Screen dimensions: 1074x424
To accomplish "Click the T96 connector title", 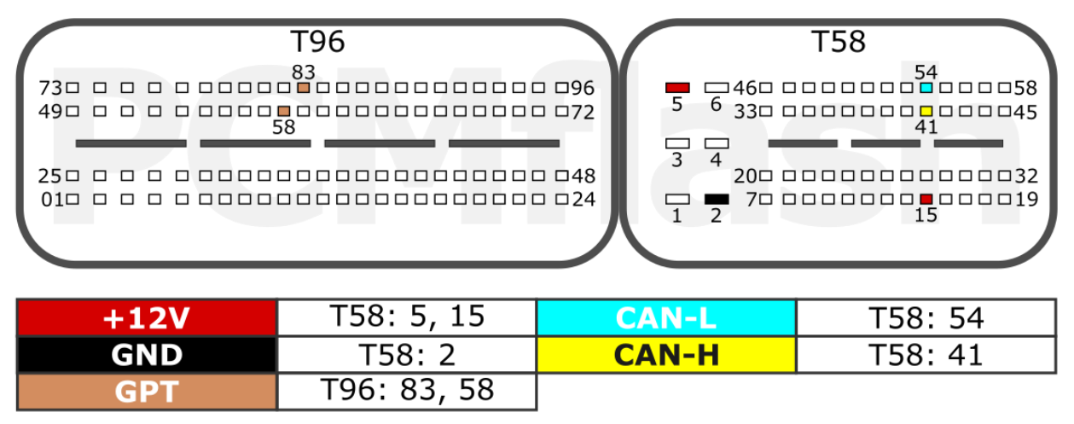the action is [x=317, y=41].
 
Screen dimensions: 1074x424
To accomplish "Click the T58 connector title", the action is [x=839, y=41].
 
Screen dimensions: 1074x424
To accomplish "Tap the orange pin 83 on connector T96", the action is [x=303, y=88].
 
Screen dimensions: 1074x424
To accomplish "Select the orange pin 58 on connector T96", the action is [x=284, y=111].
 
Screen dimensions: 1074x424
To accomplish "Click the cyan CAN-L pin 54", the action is [x=926, y=88].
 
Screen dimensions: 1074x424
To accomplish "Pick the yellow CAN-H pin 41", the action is [x=926, y=111].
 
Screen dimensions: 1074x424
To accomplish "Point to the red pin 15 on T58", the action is [x=926, y=199].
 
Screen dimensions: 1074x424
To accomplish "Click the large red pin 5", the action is [x=677, y=88].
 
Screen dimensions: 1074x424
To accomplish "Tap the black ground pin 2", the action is [x=717, y=199].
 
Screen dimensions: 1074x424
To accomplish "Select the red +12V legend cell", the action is [x=148, y=317].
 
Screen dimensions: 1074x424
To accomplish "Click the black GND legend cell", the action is [x=148, y=355].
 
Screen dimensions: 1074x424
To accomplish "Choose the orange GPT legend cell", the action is [x=148, y=392].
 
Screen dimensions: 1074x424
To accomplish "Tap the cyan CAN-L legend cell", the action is [x=666, y=317].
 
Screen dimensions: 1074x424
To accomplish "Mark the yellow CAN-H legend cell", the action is [x=666, y=355].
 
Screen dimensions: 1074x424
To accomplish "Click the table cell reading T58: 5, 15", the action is [x=407, y=317].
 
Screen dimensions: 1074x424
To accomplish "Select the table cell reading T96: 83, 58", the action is [x=407, y=392].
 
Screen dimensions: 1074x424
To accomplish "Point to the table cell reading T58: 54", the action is [x=926, y=317].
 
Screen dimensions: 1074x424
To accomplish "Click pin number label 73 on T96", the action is [x=50, y=88].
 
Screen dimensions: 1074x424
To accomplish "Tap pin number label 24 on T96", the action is [x=583, y=200].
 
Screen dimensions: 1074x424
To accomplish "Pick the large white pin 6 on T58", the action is [x=717, y=88].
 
